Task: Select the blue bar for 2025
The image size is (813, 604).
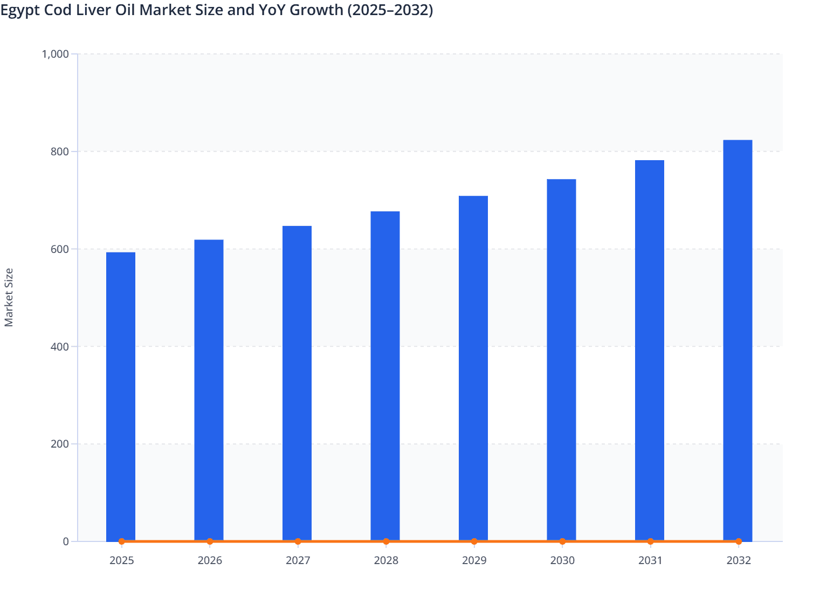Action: click(x=121, y=396)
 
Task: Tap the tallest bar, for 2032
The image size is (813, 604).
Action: click(x=738, y=340)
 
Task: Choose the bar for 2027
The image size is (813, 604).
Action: click(x=297, y=383)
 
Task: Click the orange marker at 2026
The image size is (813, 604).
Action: click(x=210, y=541)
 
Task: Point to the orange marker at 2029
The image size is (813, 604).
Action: click(x=474, y=541)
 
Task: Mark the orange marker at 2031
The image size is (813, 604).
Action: click(x=650, y=541)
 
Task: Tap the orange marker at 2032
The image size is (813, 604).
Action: click(x=738, y=541)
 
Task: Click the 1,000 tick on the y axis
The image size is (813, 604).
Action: click(x=55, y=54)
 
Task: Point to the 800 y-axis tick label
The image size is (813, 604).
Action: click(x=60, y=152)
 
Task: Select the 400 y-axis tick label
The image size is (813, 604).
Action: click(x=60, y=347)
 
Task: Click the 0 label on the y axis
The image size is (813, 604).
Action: click(x=66, y=541)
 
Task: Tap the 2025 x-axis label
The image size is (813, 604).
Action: click(x=121, y=560)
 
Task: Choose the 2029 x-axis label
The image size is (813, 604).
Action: click(x=474, y=560)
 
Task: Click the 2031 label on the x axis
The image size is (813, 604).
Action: click(x=650, y=560)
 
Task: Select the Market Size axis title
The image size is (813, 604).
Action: click(x=9, y=298)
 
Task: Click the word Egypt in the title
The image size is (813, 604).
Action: click(x=18, y=10)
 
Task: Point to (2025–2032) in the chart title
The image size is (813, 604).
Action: click(x=390, y=10)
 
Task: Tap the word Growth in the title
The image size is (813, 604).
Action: click(x=316, y=10)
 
